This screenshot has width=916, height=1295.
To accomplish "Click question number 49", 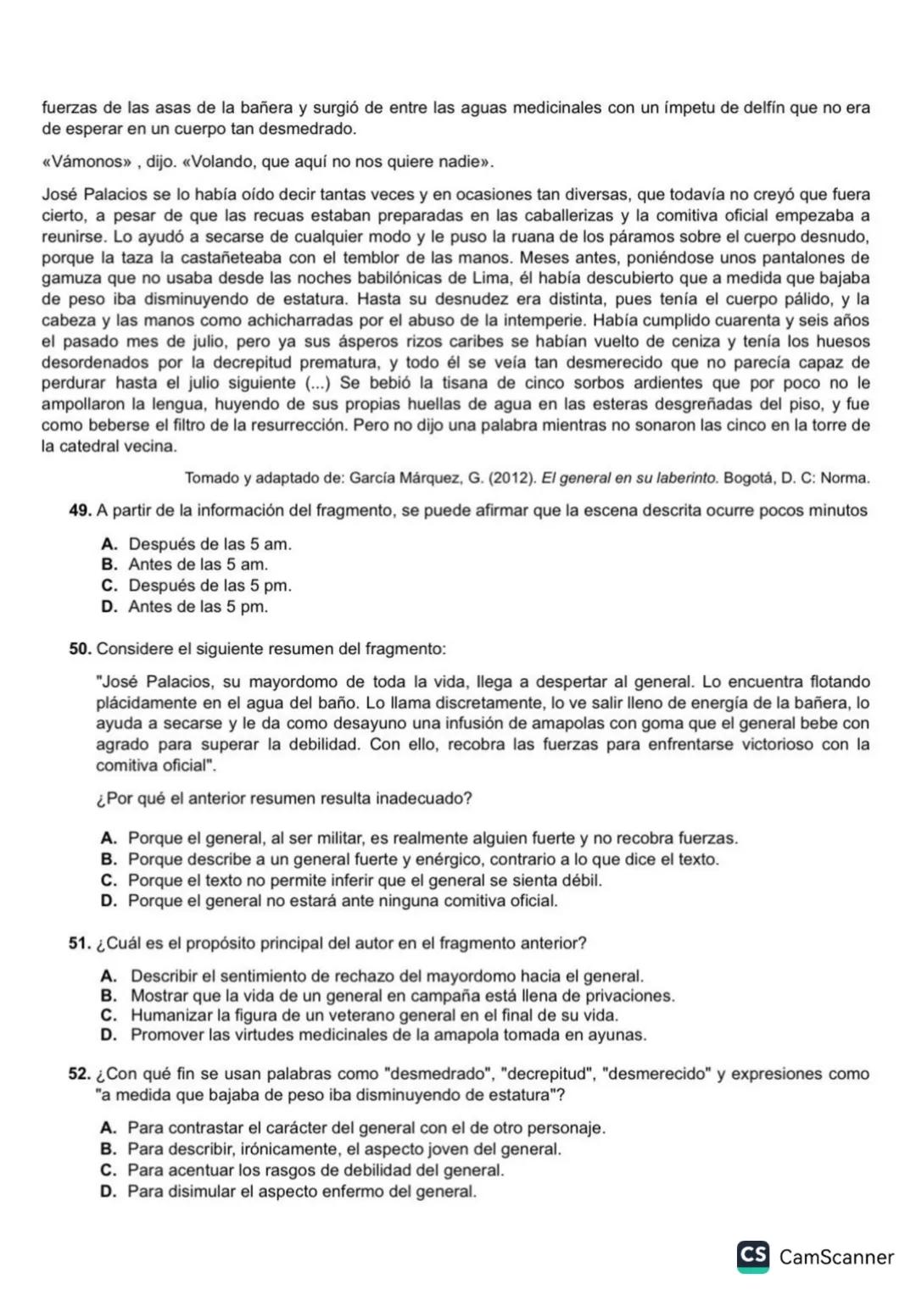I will point(81,510).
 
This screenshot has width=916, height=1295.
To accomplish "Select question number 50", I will point(81,649).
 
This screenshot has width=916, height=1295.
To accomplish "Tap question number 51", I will point(81,943).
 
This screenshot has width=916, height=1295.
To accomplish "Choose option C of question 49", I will point(109,586).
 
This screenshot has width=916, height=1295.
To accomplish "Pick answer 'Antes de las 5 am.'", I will point(197,564).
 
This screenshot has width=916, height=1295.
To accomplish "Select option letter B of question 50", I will point(109,859).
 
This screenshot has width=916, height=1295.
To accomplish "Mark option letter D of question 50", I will point(109,901).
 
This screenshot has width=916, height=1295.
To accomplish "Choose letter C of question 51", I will point(109,1015).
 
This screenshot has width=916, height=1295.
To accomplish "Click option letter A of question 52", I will point(108,1128).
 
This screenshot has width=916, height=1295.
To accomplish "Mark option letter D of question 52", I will point(108,1192).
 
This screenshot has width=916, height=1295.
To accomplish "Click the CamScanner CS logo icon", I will point(753,1256).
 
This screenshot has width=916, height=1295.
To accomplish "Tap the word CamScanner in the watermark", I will point(836,1257).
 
